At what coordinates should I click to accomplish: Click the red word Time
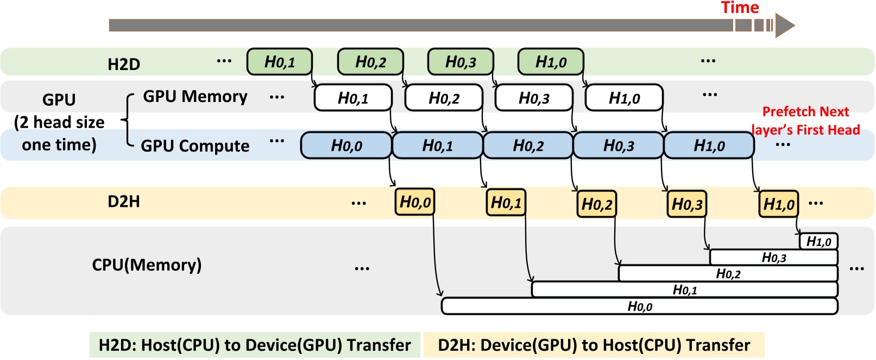pos(739,8)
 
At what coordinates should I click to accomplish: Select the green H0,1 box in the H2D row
pos(280,62)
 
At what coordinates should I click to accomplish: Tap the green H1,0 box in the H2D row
pos(551,62)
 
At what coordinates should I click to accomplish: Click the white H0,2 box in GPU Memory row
pos(444,98)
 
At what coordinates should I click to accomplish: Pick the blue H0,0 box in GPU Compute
pos(346,146)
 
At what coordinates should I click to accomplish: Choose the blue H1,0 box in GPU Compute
pos(709,146)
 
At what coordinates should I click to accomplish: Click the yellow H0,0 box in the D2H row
pos(415,203)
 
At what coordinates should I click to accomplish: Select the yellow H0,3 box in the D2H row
pos(687,204)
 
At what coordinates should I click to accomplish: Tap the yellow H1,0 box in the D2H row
pos(778,204)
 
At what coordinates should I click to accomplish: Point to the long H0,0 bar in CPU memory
pos(639,306)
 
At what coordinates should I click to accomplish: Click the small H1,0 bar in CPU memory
pos(818,241)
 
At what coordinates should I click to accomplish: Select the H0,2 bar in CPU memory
pos(728,274)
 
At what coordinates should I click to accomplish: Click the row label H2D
pos(124,64)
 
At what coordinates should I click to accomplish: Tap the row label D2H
pos(124,201)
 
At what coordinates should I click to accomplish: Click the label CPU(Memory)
pos(147,265)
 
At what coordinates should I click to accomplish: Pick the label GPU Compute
pos(195,146)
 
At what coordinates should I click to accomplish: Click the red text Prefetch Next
pos(805,112)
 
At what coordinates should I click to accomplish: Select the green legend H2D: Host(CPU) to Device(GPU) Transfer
pos(255,345)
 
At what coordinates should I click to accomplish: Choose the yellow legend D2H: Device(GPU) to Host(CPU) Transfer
pos(594,345)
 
